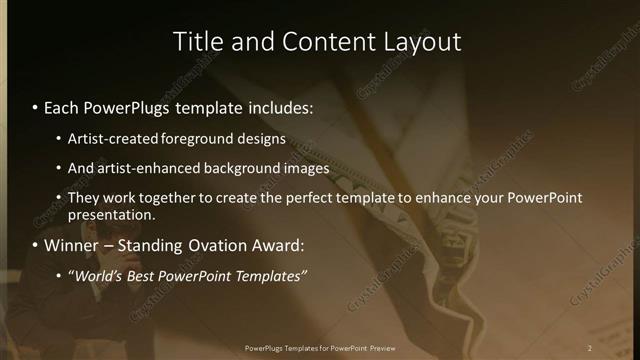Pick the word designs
(262, 138)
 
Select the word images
(305, 168)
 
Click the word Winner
(71, 245)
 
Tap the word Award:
(283, 245)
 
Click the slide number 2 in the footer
(590, 348)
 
